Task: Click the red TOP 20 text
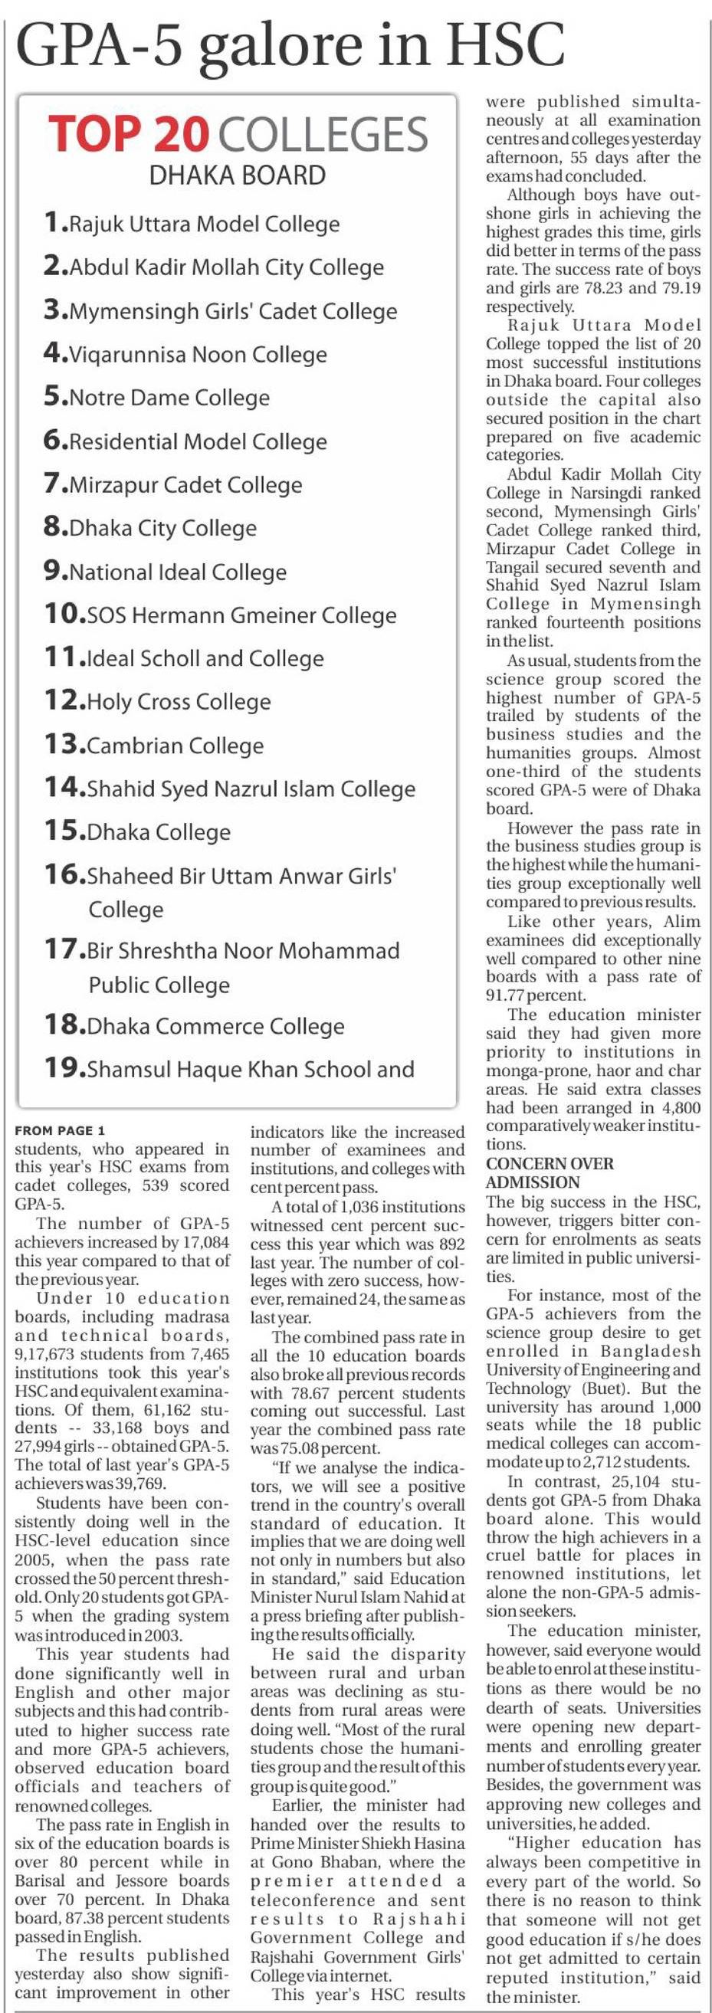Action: pyautogui.click(x=130, y=134)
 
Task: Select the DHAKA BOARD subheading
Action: pyautogui.click(x=237, y=174)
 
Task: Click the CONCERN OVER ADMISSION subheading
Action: pyautogui.click(x=550, y=1172)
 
